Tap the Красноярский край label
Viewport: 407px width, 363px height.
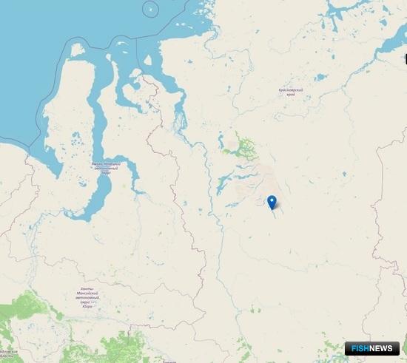[292, 92]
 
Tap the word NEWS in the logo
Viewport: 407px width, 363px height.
[385, 348]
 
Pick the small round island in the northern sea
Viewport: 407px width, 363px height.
[151, 10]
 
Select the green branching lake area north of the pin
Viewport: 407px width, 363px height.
[240, 148]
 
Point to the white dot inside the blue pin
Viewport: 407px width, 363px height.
[272, 200]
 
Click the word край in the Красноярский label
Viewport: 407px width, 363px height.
[292, 95]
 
